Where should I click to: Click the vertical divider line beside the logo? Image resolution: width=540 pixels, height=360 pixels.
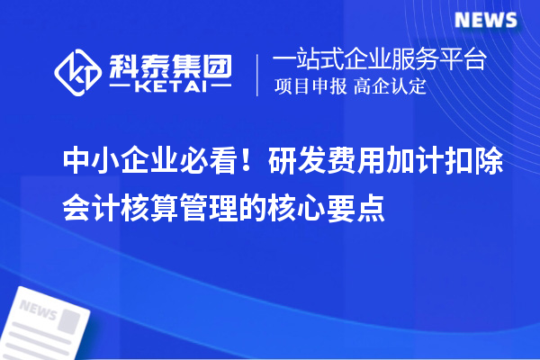[x=259, y=73]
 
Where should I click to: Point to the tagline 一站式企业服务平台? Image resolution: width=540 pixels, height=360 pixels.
[x=380, y=60]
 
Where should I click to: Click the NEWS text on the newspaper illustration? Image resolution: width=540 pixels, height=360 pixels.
[x=38, y=310]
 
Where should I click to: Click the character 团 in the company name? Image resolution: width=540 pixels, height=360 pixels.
[x=217, y=62]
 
